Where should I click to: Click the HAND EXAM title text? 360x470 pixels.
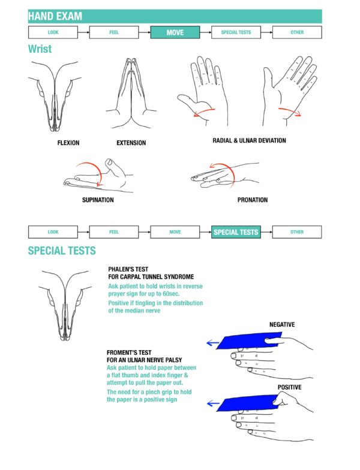point(55,16)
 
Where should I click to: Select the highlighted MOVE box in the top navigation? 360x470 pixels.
point(175,32)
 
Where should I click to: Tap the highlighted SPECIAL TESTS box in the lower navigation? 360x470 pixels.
point(236,232)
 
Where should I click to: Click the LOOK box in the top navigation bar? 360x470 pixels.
point(53,32)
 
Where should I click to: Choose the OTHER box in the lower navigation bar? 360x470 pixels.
point(297,232)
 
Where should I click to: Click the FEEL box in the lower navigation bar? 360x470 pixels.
point(114,232)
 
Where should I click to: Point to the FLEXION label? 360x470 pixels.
point(68,143)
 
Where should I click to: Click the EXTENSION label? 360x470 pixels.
point(131,143)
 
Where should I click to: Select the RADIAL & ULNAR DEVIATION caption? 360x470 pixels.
point(249,141)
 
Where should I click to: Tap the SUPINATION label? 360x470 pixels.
point(98,200)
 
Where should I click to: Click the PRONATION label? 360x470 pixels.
point(252,200)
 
